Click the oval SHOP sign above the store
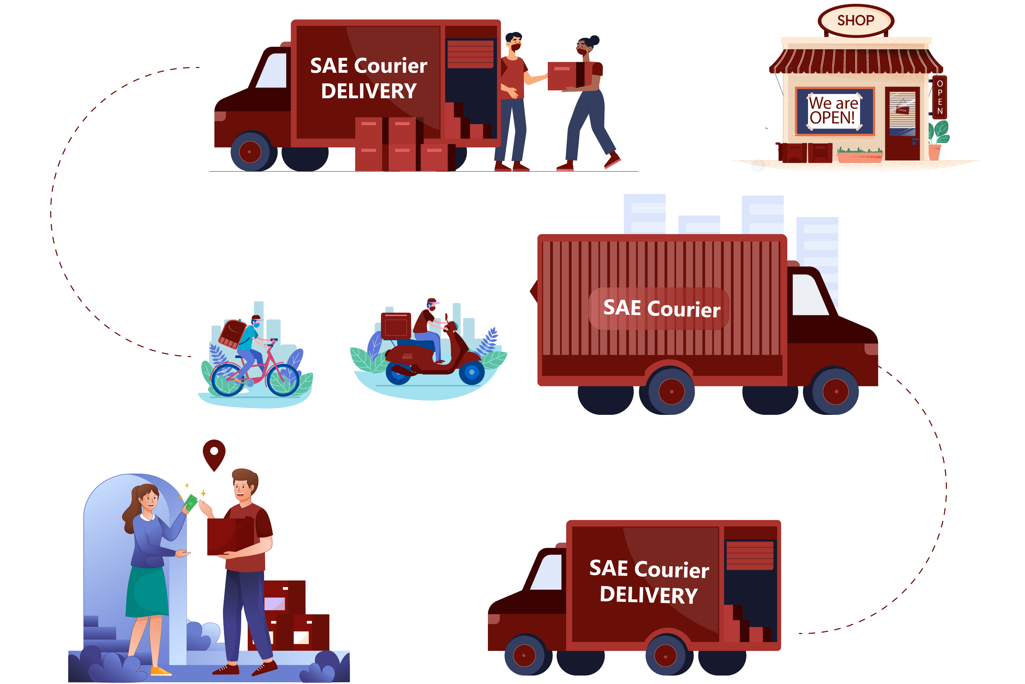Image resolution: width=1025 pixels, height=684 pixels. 856,20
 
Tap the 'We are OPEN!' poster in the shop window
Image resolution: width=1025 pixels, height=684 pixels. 834,111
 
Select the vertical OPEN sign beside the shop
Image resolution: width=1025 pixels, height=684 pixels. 940,97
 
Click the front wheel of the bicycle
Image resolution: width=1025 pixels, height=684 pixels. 283,380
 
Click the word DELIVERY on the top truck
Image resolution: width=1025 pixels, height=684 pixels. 369,92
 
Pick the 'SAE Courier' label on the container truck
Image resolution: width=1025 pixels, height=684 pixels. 661,309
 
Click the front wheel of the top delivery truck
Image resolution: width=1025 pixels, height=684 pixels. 250,152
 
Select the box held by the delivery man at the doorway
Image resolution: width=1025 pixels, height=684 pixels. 230,536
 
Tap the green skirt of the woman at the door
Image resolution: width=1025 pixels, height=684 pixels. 147,591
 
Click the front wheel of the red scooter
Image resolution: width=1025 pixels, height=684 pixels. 471,372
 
